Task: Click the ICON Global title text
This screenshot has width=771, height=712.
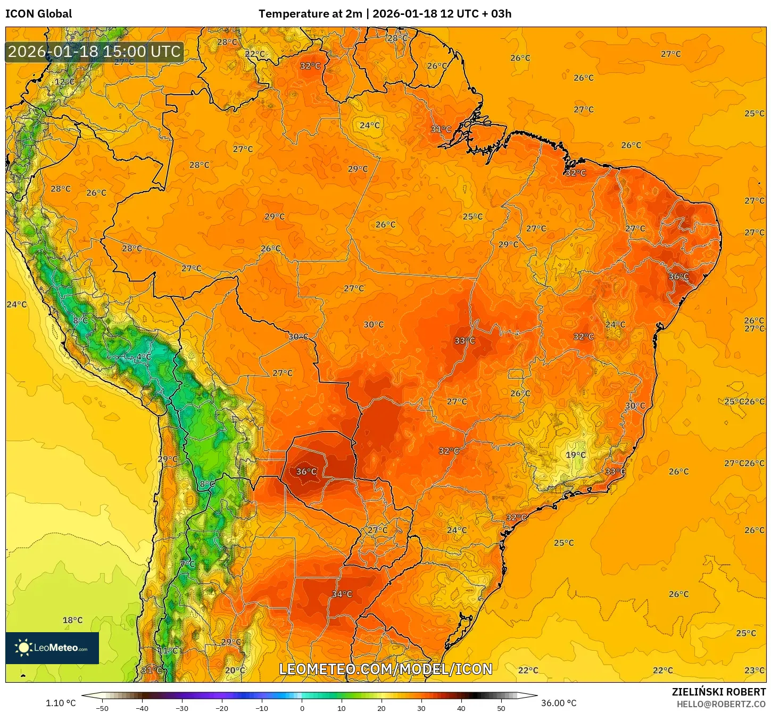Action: (x=39, y=14)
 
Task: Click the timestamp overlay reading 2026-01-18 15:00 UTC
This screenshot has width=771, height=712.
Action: (x=94, y=52)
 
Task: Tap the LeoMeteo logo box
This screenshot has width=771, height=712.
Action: (x=52, y=648)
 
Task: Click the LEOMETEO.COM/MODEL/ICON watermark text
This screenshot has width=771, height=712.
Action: (x=386, y=669)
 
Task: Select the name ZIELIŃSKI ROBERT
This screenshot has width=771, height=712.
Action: (x=718, y=692)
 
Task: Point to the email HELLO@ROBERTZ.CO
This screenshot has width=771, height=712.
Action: (x=721, y=704)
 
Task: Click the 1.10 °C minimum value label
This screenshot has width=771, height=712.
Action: (x=61, y=703)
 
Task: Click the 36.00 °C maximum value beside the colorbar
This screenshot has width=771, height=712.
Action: (x=559, y=703)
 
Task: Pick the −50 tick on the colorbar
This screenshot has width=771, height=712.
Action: (x=102, y=708)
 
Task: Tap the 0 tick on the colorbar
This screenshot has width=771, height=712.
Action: (x=302, y=708)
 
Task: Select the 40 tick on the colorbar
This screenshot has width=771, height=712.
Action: (x=461, y=708)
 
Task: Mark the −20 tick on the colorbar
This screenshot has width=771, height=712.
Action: (x=221, y=708)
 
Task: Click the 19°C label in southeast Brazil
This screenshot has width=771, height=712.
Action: (x=575, y=455)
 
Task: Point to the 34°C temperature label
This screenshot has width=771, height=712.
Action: (x=342, y=594)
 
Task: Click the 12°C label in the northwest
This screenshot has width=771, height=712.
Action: (x=65, y=82)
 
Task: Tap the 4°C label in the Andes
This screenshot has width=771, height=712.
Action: (x=143, y=357)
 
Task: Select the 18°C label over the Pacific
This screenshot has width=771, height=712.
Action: (x=72, y=620)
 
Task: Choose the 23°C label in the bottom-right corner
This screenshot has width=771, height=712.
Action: (x=754, y=670)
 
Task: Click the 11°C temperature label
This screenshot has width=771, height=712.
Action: (x=168, y=650)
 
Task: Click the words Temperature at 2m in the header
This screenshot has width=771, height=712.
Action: (x=310, y=14)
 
